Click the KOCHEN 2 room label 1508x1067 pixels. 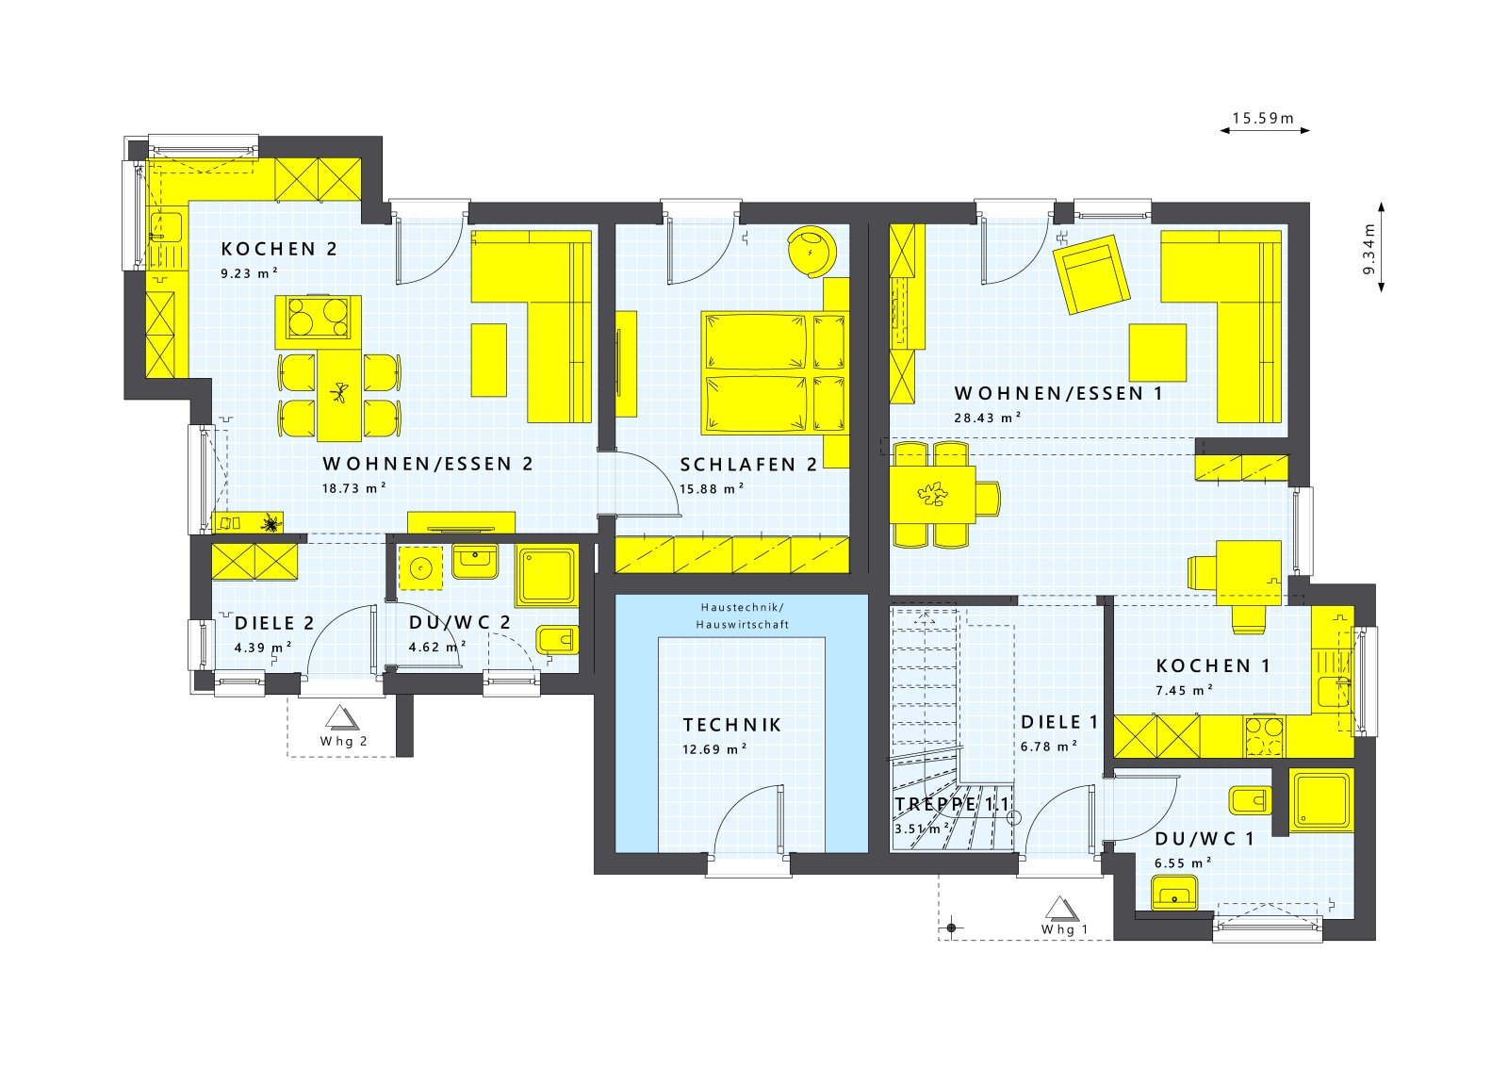(x=279, y=249)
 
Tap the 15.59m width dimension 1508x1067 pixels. (x=1263, y=119)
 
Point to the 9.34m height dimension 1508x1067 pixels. (x=1369, y=247)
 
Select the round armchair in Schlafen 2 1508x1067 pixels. (x=811, y=251)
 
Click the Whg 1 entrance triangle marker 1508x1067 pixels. (x=1060, y=908)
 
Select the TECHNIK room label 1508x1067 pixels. (x=732, y=725)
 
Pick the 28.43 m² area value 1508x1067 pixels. (x=988, y=418)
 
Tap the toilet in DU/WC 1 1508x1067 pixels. (x=1249, y=801)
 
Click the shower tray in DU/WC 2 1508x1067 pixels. (x=547, y=576)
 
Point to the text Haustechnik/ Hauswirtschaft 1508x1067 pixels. (x=743, y=616)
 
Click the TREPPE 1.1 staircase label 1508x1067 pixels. (x=952, y=804)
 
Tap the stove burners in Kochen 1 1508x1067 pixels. (x=1264, y=736)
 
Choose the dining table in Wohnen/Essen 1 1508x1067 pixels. (x=934, y=494)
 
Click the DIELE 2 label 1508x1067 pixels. (x=273, y=623)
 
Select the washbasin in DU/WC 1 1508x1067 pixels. (x=1174, y=892)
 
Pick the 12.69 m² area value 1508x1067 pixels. (x=714, y=749)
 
